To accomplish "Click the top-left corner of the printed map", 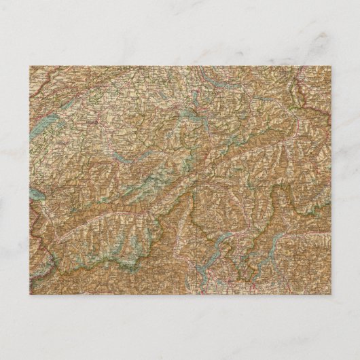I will tap(29, 66).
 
